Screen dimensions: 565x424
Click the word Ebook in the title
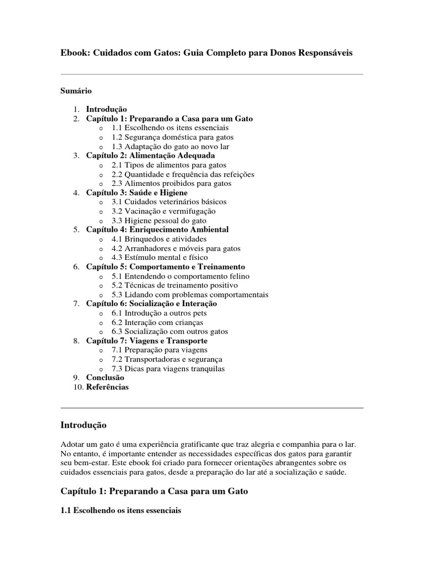point(75,52)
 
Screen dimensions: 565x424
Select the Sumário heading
point(76,90)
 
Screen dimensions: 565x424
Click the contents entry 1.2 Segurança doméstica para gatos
point(172,137)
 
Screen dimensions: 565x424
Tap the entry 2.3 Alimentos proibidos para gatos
point(171,183)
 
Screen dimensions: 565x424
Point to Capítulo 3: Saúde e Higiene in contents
point(137,193)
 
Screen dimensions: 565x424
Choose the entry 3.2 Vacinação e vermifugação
point(163,211)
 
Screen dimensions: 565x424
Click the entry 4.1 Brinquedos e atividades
point(158,239)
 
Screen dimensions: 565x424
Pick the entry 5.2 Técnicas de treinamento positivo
point(174,285)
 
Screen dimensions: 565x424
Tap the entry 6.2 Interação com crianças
point(157,322)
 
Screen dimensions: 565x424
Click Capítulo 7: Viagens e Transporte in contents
point(147,341)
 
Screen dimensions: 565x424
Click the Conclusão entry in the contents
point(105,378)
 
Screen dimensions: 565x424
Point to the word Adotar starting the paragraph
point(72,444)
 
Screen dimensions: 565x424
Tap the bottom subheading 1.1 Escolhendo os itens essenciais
point(120,511)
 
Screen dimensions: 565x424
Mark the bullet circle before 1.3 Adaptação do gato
point(100,147)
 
